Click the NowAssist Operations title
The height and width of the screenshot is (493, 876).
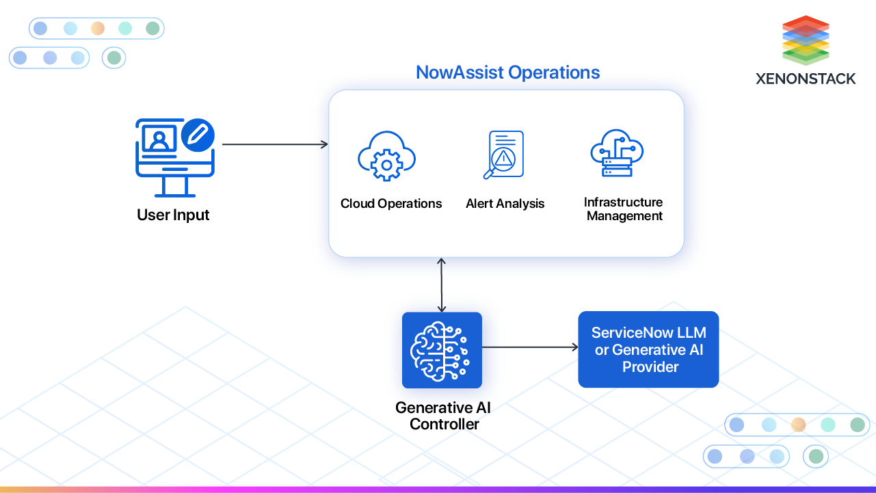tap(507, 72)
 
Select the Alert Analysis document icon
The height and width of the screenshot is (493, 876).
tap(505, 155)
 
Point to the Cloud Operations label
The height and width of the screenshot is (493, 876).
tap(391, 204)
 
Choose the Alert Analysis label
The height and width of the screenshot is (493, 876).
tap(505, 204)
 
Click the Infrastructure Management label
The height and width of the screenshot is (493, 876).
tap(624, 209)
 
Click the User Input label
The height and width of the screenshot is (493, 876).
tap(173, 215)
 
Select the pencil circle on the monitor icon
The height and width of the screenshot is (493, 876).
tap(198, 135)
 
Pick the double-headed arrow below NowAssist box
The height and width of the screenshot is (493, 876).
tap(442, 284)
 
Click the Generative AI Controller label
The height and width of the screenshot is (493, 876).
tap(443, 416)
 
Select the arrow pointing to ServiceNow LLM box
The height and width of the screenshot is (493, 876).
tap(530, 347)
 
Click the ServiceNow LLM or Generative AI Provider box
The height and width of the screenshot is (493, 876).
tap(648, 349)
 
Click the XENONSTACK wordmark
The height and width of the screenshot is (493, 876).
tap(806, 79)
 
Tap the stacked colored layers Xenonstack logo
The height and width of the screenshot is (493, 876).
tap(806, 40)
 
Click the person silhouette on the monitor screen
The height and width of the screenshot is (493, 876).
tap(160, 139)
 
